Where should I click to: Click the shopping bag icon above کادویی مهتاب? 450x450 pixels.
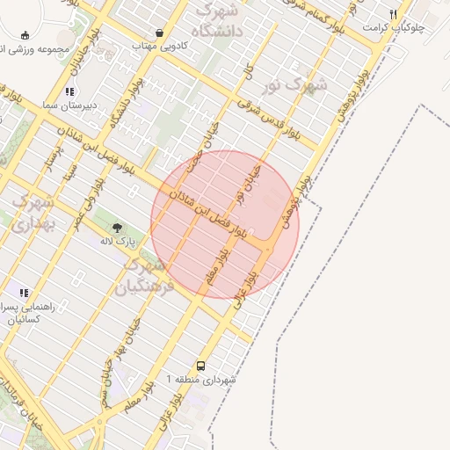(159, 33)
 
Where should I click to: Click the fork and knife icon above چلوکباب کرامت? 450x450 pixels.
(393, 14)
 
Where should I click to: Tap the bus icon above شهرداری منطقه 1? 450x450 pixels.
(201, 366)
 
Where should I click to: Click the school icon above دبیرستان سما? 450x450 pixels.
(69, 91)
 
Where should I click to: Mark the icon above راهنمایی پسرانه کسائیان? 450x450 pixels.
(24, 293)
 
